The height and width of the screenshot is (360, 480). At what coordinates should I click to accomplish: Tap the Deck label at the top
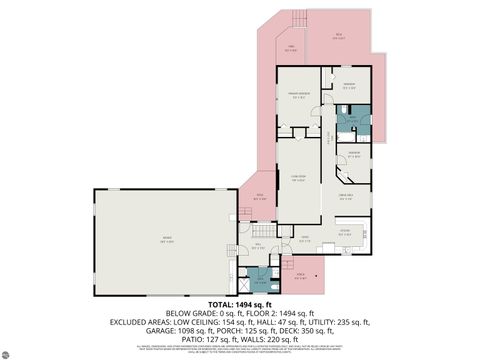coord(340,36)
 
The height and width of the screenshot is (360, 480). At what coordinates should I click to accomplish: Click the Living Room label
coord(297,180)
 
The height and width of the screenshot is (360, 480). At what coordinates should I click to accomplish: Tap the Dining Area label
coord(345,194)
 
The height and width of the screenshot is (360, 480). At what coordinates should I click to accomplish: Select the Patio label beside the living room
coord(259,196)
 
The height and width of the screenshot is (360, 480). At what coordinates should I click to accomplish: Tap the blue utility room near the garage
coord(259,281)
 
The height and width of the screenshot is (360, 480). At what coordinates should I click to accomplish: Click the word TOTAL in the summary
coord(222,304)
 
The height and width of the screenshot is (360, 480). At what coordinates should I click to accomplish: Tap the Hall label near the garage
coord(257,245)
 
